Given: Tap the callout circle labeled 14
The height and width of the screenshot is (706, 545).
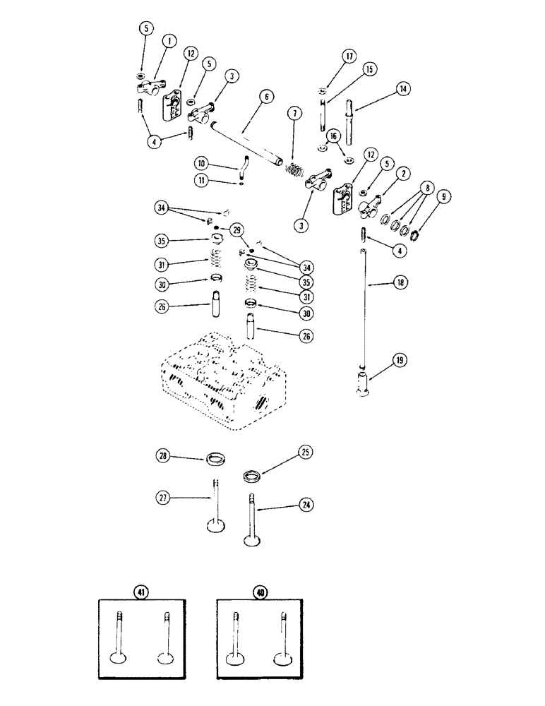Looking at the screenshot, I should point(402,90).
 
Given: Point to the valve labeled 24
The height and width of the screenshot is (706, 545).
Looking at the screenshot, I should point(251,522).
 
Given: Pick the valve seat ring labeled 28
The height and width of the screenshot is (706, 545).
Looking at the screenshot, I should point(217,462).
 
